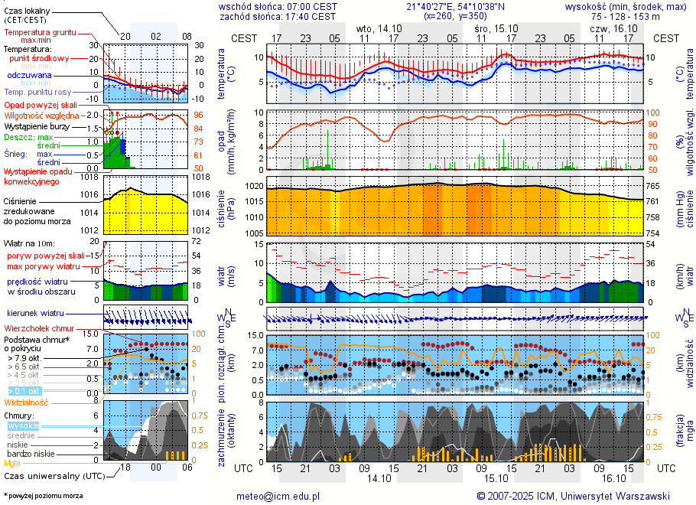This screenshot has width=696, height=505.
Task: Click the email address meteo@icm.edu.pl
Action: (x=278, y=496)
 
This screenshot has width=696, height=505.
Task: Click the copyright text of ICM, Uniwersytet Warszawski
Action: (x=573, y=496)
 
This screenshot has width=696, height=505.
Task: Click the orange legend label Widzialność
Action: (x=27, y=402)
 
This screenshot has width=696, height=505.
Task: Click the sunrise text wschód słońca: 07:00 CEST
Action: (x=278, y=6)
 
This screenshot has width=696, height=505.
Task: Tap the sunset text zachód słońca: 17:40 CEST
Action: (x=278, y=16)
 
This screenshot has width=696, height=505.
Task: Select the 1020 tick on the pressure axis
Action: (x=255, y=186)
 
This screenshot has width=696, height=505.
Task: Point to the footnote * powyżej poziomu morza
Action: (x=43, y=496)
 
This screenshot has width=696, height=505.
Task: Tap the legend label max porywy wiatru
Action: (x=44, y=266)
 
